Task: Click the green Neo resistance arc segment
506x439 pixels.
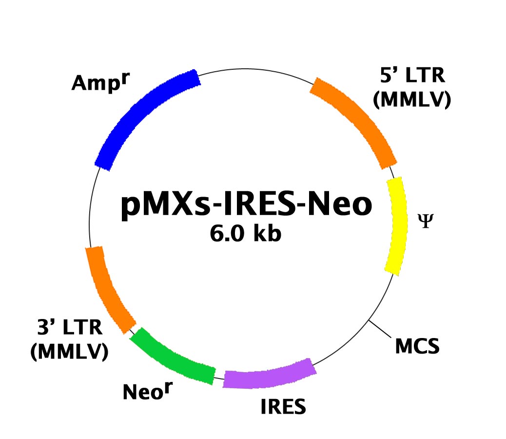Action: click(171, 359)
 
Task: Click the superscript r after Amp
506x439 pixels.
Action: click(126, 78)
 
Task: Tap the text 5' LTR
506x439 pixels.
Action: click(412, 76)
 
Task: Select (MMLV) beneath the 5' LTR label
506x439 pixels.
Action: click(412, 99)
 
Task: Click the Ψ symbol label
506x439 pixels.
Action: click(426, 221)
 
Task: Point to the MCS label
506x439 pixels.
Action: click(417, 346)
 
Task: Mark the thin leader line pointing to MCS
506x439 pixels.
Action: click(380, 329)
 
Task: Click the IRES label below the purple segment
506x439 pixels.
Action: click(283, 406)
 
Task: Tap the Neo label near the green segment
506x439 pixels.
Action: click(148, 391)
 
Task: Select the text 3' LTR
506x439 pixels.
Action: click(70, 327)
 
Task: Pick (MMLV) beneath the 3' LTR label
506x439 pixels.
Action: click(69, 351)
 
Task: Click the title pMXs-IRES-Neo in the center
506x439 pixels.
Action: click(247, 204)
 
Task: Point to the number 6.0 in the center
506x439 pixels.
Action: click(227, 233)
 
